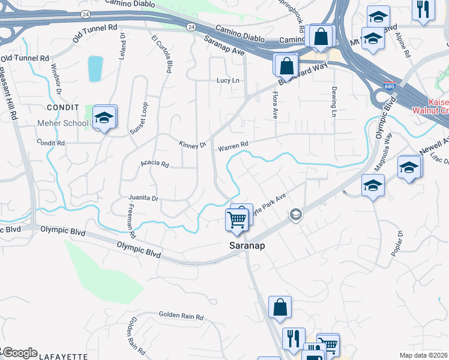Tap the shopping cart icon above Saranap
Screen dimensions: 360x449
click(237, 220)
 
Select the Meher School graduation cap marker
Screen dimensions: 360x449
click(104, 119)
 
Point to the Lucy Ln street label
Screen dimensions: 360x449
click(228, 80)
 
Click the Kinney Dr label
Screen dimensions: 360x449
click(192, 145)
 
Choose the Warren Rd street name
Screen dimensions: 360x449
click(233, 146)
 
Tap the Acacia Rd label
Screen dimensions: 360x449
click(155, 163)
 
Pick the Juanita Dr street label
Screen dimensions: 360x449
click(143, 197)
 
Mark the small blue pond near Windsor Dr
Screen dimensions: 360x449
click(95, 68)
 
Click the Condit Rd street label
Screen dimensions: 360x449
click(50, 143)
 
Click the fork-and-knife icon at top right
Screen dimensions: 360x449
click(423, 9)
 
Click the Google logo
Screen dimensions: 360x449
click(20, 352)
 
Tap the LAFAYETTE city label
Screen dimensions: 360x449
click(63, 356)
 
